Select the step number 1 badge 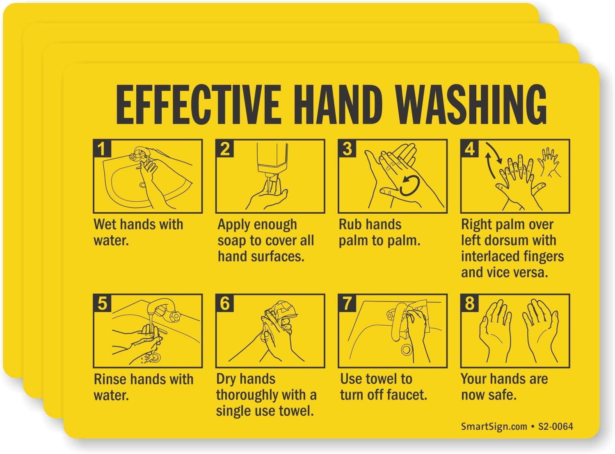coord(102,148)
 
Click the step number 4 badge coord(469,148)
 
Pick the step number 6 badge coord(224,303)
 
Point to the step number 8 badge coord(469,303)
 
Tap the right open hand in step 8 coord(539,328)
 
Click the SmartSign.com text coord(494,427)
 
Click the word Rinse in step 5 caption coord(110,379)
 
